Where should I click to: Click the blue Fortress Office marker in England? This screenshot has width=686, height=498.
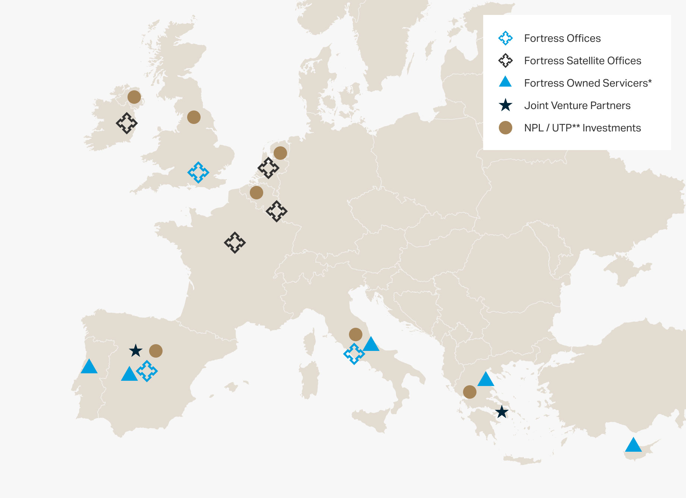tap(198, 172)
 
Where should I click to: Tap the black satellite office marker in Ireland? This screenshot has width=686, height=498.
tap(127, 123)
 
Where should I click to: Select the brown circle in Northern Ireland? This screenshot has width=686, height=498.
tap(134, 97)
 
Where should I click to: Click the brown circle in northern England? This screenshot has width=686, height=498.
tap(194, 117)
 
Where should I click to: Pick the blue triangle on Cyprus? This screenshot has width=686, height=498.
tap(633, 445)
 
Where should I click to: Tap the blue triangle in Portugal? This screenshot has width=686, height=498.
tap(89, 367)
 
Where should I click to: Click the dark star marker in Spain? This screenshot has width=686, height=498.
tap(136, 351)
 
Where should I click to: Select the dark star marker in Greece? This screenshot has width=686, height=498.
tap(502, 412)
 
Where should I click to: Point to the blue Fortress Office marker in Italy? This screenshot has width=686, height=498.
tap(354, 354)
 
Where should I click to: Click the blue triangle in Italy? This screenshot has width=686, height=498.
tap(371, 345)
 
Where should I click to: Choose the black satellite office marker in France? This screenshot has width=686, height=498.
tap(235, 243)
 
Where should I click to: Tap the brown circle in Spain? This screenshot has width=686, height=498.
tap(156, 351)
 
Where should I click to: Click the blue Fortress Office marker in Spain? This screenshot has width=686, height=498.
tap(147, 371)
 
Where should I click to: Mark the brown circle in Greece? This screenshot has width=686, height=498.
tap(470, 392)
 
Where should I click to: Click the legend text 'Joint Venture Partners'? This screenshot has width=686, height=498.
tap(577, 106)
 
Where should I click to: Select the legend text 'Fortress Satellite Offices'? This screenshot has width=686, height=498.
tap(582, 61)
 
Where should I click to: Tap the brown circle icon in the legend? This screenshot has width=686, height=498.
tap(506, 128)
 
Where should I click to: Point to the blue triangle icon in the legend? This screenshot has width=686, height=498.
tap(505, 82)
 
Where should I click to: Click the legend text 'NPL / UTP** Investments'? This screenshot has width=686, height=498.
tap(582, 128)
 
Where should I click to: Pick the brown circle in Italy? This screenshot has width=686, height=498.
tap(356, 334)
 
